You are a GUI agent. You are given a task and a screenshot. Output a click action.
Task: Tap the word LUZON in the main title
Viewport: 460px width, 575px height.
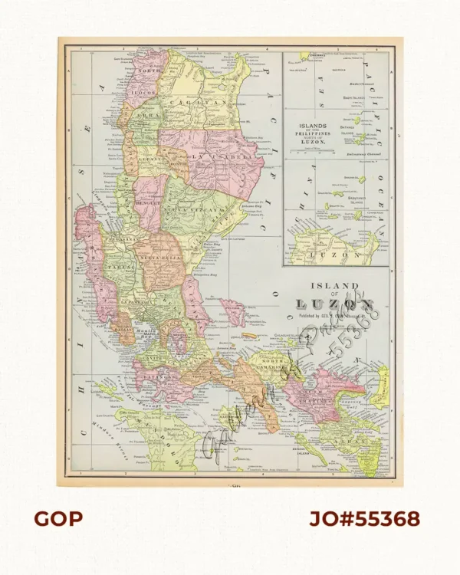click(335, 304)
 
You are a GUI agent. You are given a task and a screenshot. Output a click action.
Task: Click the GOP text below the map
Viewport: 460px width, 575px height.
click(58, 518)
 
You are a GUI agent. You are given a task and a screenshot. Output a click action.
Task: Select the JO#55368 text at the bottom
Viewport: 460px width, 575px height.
click(364, 518)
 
